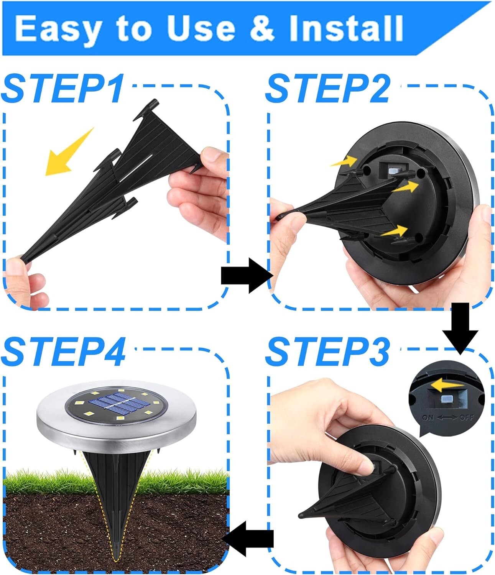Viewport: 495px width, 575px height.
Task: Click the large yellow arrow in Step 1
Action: click(67, 153)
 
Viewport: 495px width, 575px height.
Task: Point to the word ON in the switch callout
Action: click(428, 417)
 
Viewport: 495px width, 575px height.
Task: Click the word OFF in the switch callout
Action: click(466, 417)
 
